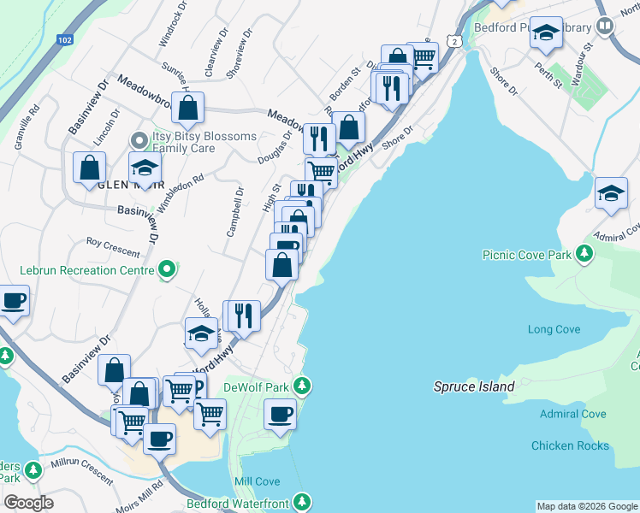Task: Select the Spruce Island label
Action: coord(473,386)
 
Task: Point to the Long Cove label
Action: coord(554,329)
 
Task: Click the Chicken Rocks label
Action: coord(570,445)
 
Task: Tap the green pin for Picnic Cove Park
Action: coord(584,253)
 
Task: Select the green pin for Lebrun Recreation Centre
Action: coord(168,270)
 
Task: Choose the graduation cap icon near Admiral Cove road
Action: coord(611,194)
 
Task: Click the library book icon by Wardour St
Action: coord(605,27)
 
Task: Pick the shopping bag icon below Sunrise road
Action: coord(187,108)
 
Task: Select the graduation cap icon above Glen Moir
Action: coord(145,168)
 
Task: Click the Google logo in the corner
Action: coord(28,503)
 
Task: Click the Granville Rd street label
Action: coord(27,128)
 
